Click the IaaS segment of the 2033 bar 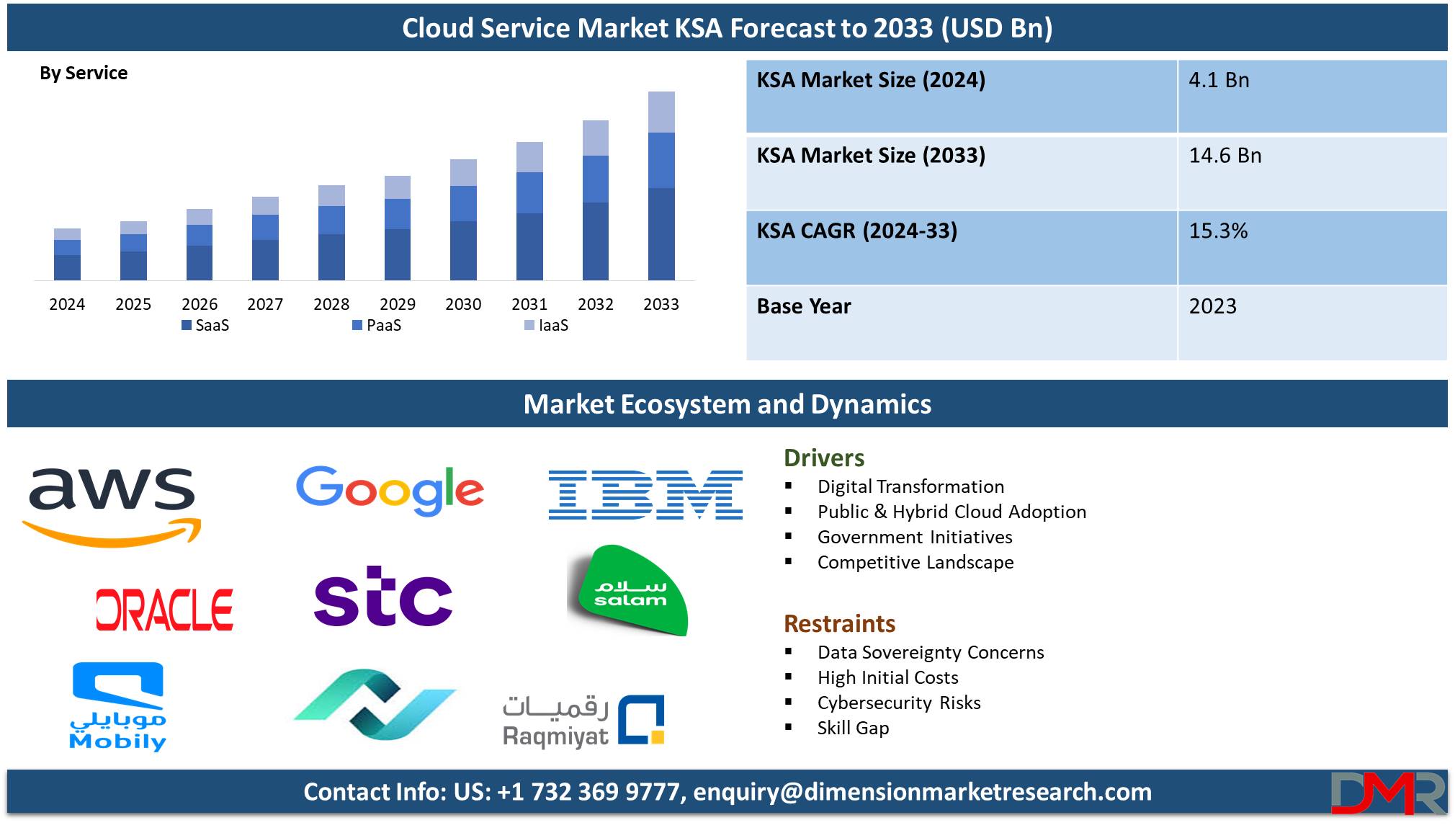(661, 112)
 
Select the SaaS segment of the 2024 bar (67, 267)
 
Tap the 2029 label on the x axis (398, 304)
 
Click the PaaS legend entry (377, 325)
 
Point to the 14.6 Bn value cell (1225, 156)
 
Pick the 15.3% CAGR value (1218, 231)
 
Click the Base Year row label (804, 306)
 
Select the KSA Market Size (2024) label (871, 80)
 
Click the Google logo (390, 490)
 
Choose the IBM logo (645, 494)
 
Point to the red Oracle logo (164, 610)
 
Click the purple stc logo (383, 596)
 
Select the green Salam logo (629, 591)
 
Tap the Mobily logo (118, 707)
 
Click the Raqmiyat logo (583, 721)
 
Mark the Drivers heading (824, 458)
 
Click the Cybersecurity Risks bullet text (899, 703)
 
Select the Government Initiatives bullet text (915, 537)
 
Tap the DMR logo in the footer (1388, 793)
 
